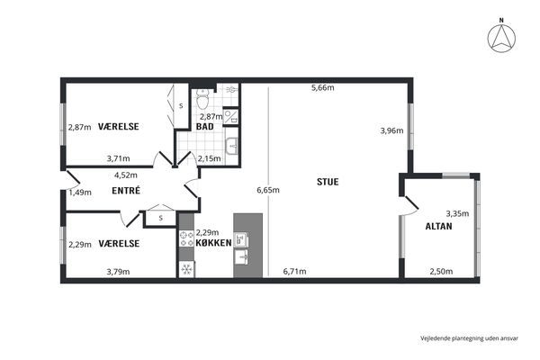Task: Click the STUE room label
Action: pyautogui.click(x=328, y=182)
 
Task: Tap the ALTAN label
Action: pyautogui.click(x=438, y=226)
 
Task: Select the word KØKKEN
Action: pyautogui.click(x=213, y=243)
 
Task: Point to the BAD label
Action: pyautogui.click(x=204, y=126)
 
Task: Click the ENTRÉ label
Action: pyautogui.click(x=126, y=191)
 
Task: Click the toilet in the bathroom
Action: pyautogui.click(x=202, y=98)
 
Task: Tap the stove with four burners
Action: pyautogui.click(x=186, y=238)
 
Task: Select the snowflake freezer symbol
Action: pyautogui.click(x=186, y=269)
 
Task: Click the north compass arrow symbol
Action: pyautogui.click(x=501, y=38)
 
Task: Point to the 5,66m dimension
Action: pyautogui.click(x=323, y=87)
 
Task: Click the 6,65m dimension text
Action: pyautogui.click(x=268, y=190)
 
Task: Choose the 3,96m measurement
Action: pyautogui.click(x=391, y=130)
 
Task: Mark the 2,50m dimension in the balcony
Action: pyautogui.click(x=441, y=272)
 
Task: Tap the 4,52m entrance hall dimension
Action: pyautogui.click(x=126, y=175)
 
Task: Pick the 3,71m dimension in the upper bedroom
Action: pyautogui.click(x=118, y=158)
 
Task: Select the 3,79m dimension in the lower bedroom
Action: pyautogui.click(x=118, y=272)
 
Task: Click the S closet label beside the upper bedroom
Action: pyautogui.click(x=181, y=106)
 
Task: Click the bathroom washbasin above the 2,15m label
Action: pyautogui.click(x=231, y=146)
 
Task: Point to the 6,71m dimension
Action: pyautogui.click(x=294, y=272)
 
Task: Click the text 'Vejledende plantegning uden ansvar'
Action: pyautogui.click(x=469, y=338)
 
